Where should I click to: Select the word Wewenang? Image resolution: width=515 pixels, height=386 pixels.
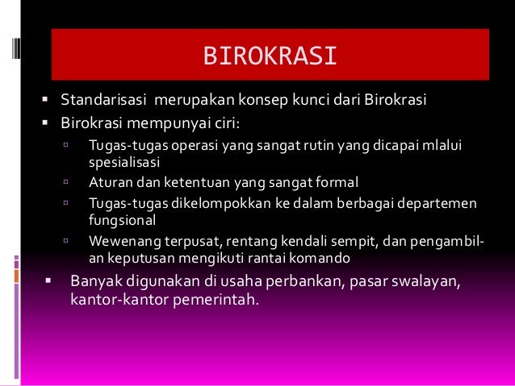[121, 239]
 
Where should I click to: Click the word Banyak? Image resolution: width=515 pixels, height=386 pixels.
[96, 282]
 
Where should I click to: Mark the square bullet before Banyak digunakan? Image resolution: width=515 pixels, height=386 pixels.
[49, 282]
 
